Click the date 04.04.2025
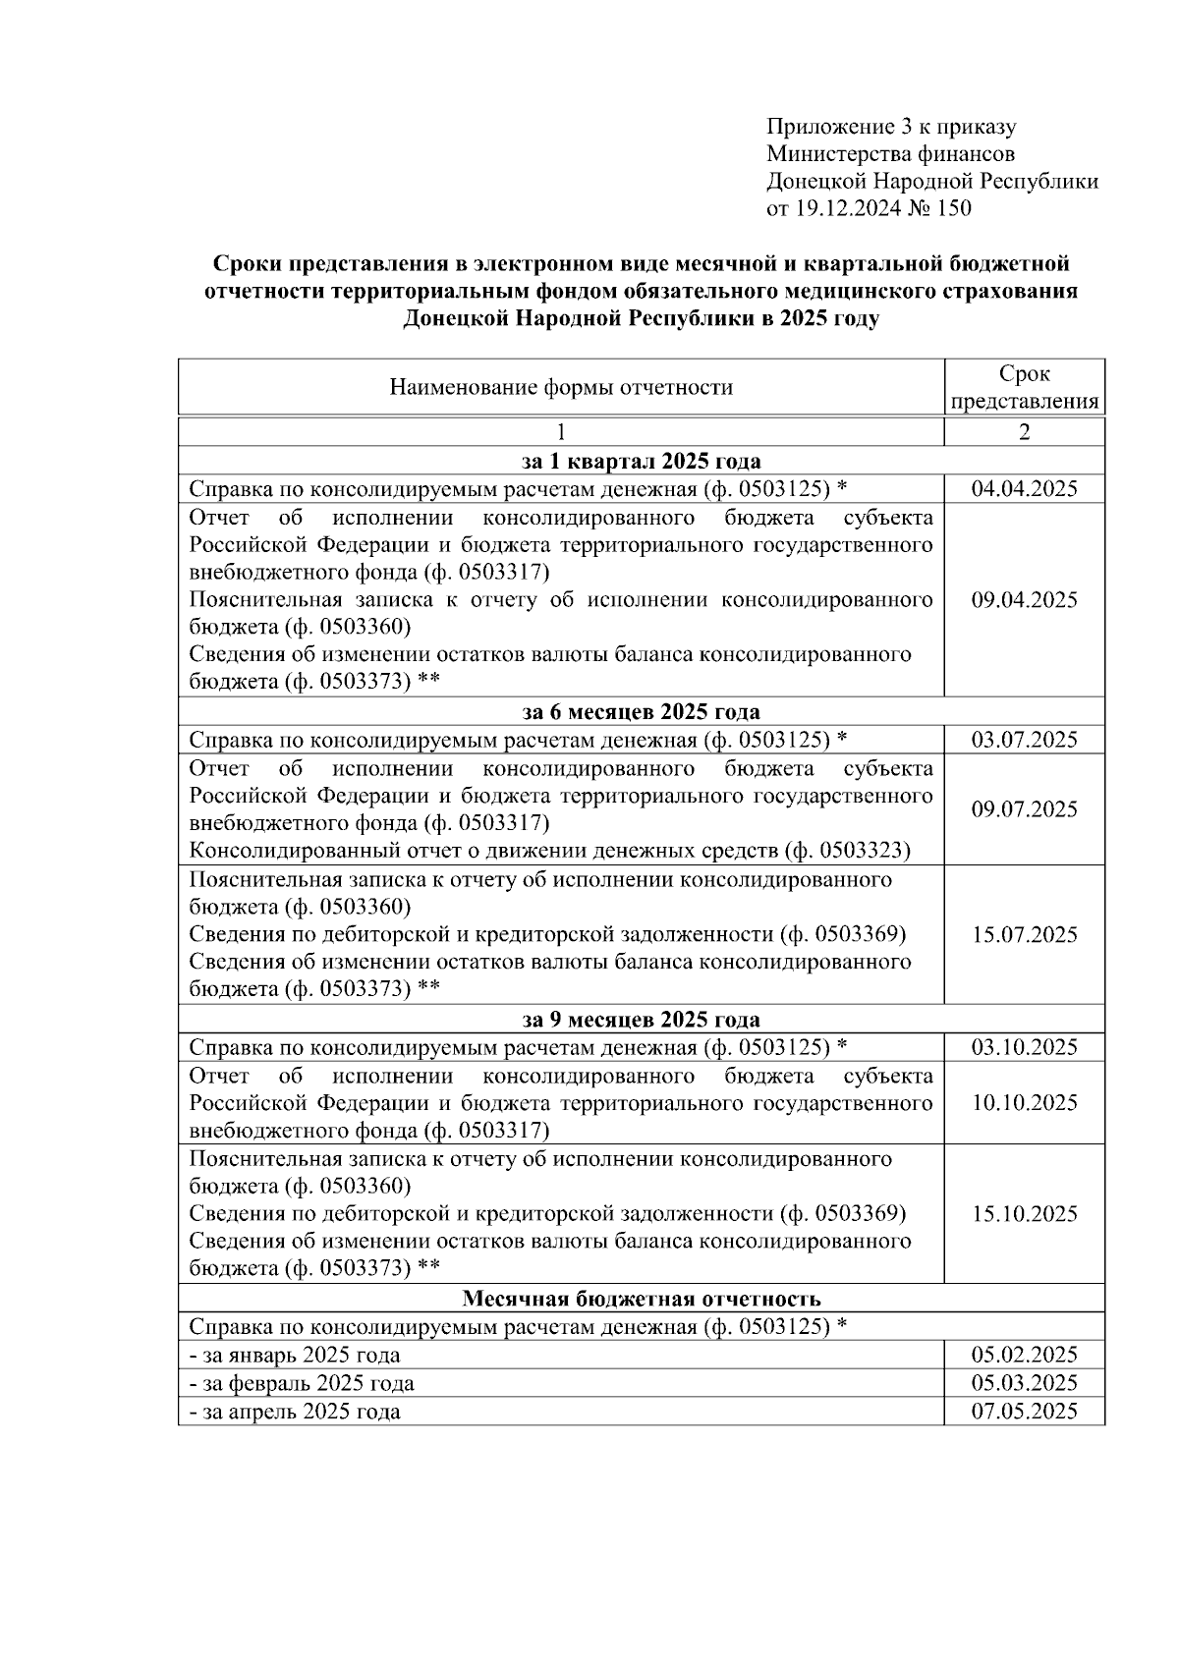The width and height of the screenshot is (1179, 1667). point(1024,489)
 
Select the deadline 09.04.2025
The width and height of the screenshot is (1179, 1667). point(1024,600)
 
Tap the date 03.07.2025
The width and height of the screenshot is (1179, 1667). point(1024,740)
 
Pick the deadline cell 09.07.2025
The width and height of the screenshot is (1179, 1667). point(1024,809)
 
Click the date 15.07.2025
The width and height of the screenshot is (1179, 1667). point(1024,934)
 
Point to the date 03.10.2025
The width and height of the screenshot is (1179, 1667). point(1024,1047)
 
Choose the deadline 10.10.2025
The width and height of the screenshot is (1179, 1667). point(1024,1102)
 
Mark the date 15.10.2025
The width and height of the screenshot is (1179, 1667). point(1024,1214)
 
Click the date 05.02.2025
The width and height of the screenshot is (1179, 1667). point(1024,1355)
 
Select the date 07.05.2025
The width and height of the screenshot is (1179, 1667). point(1024,1412)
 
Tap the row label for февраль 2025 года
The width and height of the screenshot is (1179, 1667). point(302,1383)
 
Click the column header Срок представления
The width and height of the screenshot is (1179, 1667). point(1024,387)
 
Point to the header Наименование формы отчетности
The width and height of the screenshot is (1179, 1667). point(561,387)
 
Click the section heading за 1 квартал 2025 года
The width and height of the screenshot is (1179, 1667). point(641,462)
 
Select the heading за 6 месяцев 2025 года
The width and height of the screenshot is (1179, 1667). point(641,712)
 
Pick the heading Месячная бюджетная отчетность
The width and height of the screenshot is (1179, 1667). point(641,1299)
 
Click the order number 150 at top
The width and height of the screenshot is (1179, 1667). point(953,208)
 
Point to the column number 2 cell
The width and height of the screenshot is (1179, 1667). point(1024,432)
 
